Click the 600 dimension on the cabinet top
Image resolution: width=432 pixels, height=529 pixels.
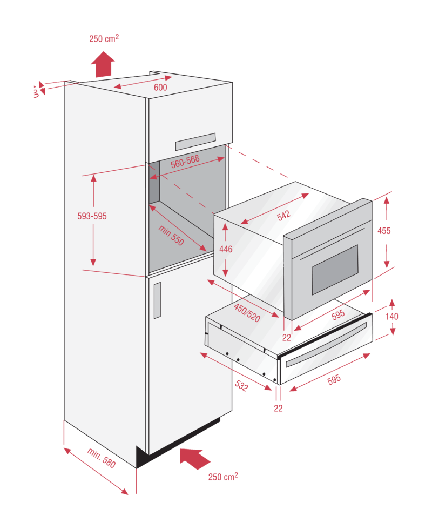tap(160, 88)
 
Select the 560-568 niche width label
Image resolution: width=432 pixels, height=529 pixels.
tap(185, 159)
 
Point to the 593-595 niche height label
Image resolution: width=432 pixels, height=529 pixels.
tap(92, 216)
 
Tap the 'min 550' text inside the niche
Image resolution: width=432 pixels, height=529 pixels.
tap(172, 235)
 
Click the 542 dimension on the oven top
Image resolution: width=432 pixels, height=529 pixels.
tap(283, 216)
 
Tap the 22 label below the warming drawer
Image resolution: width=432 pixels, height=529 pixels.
tap(278, 409)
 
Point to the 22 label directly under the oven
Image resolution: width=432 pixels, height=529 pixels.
tap(287, 338)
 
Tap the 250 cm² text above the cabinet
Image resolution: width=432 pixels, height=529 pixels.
tap(104, 38)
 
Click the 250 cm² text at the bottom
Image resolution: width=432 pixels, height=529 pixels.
tap(223, 477)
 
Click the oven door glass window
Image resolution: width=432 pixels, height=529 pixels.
tap(334, 269)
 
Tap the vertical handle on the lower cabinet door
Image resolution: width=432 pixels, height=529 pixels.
tap(157, 300)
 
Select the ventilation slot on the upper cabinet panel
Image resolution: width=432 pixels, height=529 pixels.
tap(195, 142)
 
